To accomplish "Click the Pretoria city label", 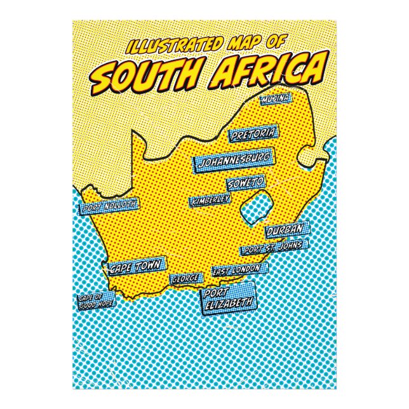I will tap(253, 134).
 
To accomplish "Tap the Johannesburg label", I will tap(234, 161).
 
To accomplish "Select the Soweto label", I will tap(245, 183).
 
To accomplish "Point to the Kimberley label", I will tap(209, 200).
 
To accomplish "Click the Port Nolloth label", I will tap(109, 206).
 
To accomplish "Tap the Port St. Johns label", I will tap(274, 246).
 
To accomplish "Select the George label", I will tap(187, 278).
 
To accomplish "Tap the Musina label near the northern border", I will tap(275, 99).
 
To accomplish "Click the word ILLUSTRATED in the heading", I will tap(172, 46).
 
